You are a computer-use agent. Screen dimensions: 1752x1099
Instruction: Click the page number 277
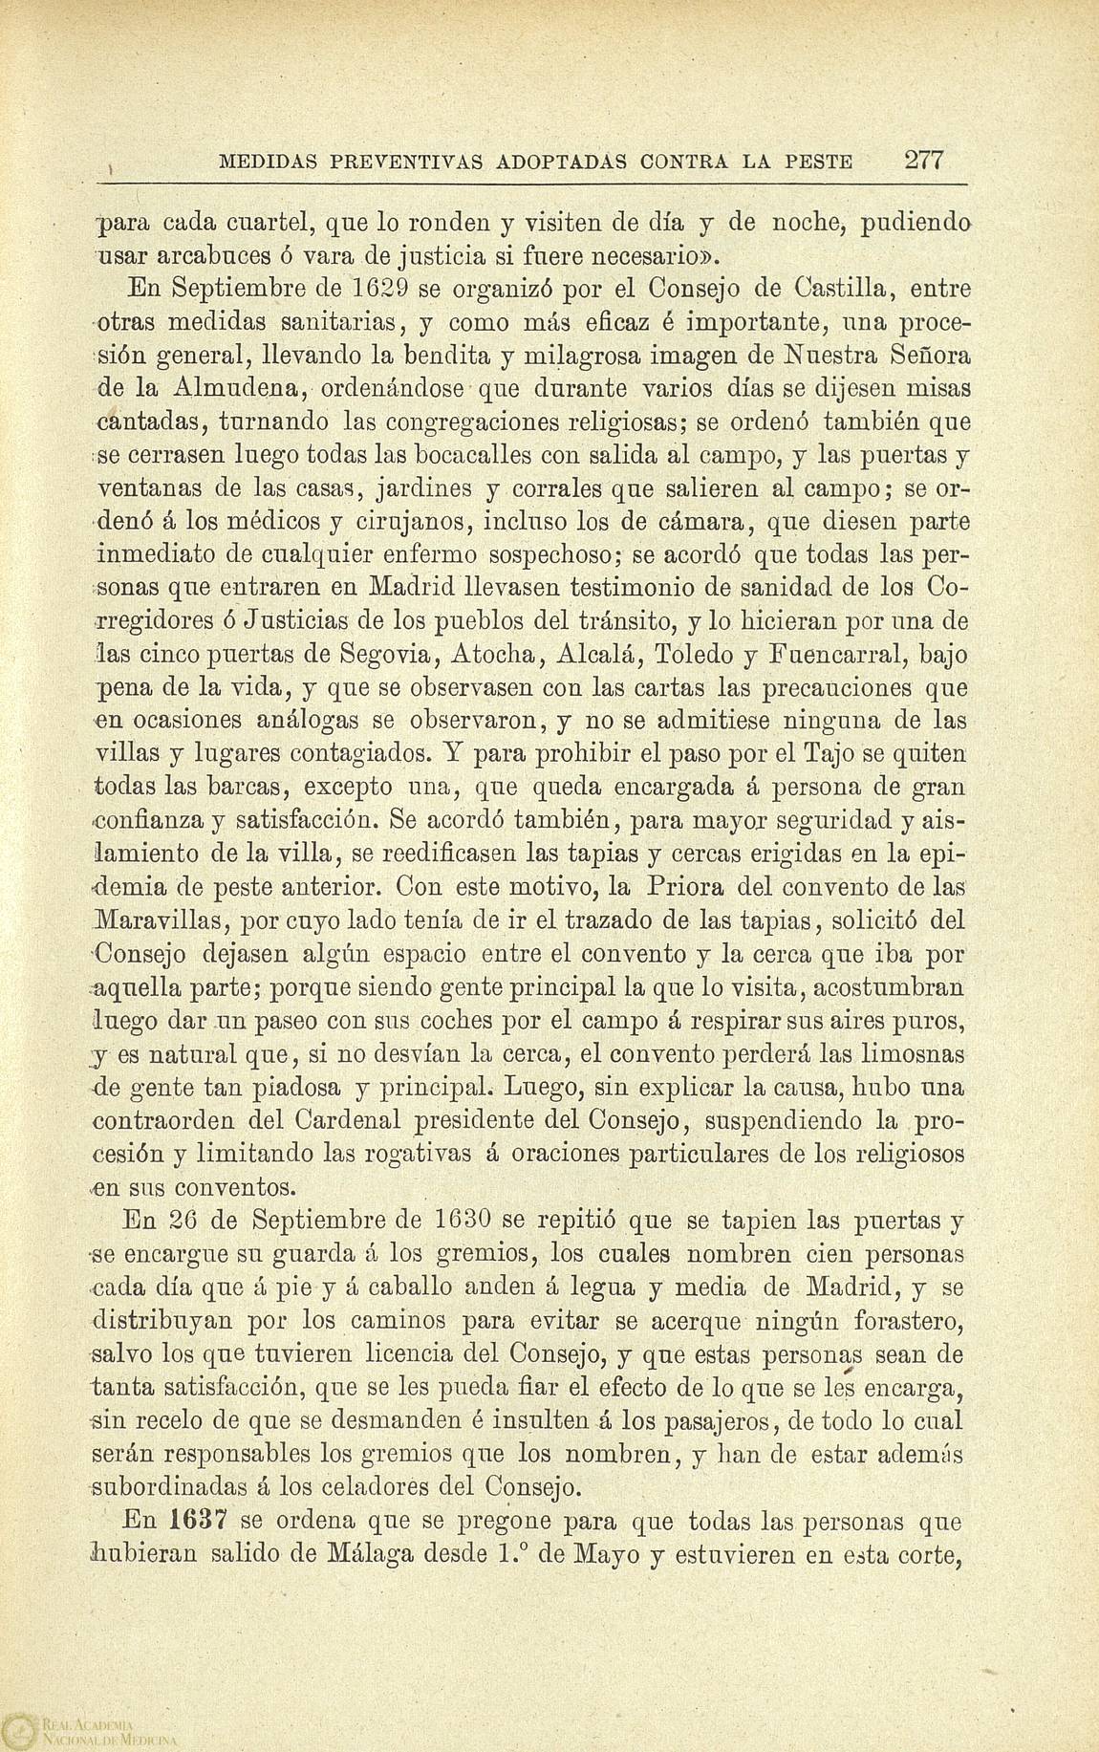tap(924, 160)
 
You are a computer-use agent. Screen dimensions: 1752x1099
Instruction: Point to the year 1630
tap(462, 1222)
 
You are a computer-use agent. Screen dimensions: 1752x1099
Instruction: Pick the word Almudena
tap(238, 388)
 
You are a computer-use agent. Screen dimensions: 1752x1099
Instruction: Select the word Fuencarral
tap(867, 655)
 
